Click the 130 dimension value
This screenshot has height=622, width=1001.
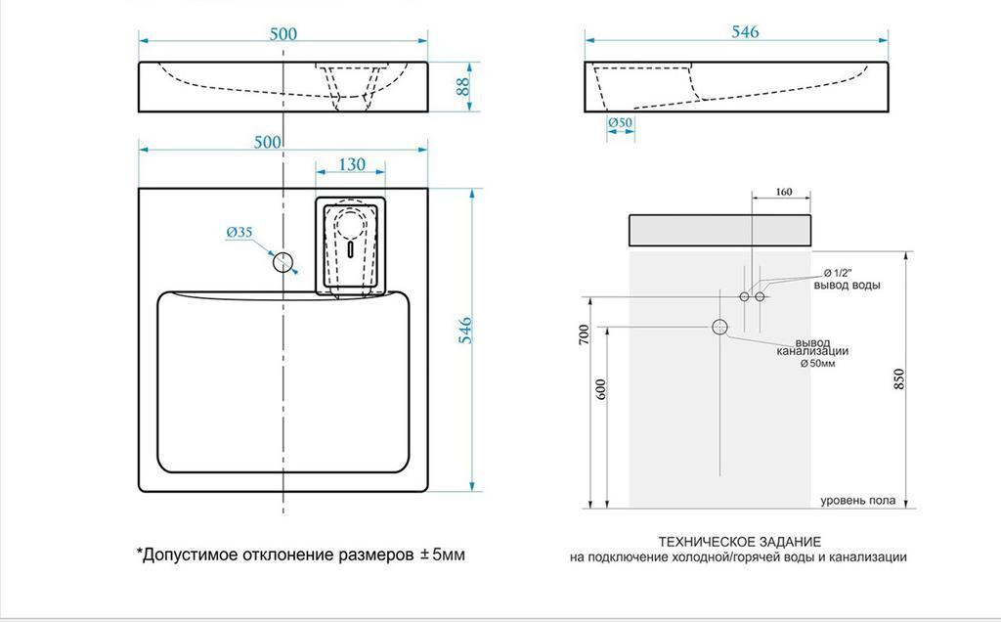(x=353, y=164)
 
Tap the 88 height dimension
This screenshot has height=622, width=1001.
(x=464, y=85)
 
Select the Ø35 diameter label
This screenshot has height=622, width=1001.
(x=239, y=232)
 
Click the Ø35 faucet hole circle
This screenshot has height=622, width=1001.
(x=283, y=261)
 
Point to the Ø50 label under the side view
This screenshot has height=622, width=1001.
(x=621, y=123)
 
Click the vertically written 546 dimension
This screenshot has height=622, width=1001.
(x=465, y=332)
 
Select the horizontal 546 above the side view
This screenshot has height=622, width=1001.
(x=745, y=32)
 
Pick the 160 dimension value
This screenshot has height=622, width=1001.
(x=782, y=192)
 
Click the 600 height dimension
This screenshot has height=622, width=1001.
(x=600, y=388)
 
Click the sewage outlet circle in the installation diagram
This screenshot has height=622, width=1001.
(x=721, y=327)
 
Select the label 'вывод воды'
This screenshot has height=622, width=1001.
(x=847, y=285)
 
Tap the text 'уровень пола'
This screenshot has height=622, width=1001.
(x=857, y=501)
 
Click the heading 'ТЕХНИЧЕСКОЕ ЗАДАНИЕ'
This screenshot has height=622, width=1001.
(x=739, y=541)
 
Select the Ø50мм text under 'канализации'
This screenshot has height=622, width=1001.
(x=817, y=363)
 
